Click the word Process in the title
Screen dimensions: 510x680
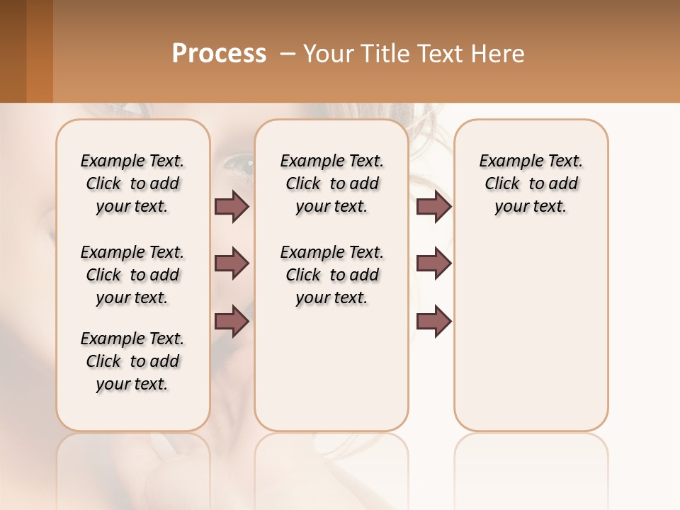219,54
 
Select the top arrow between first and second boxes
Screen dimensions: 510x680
232,207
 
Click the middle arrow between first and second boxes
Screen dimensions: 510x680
232,263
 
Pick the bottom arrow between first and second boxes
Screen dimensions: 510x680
232,322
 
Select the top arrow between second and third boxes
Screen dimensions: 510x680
433,207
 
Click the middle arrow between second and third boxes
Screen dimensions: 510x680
433,263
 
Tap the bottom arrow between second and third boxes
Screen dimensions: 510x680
433,322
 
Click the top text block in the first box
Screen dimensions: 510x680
132,183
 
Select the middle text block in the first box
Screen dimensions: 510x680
132,275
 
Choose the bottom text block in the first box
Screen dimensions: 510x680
132,361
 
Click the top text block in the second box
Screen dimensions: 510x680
332,183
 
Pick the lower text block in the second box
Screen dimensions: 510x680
332,275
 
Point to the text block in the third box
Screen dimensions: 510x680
531,183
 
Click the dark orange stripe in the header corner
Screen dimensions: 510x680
40,51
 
